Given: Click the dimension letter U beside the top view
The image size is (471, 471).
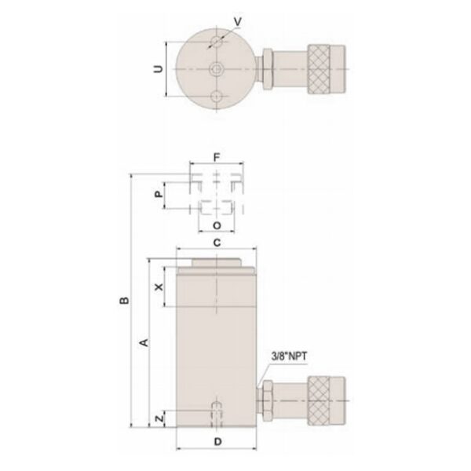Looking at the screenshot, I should pyautogui.click(x=159, y=70).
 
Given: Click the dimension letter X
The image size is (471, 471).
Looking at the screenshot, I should pyautogui.click(x=159, y=288).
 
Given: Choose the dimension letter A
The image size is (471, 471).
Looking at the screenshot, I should pyautogui.click(x=141, y=342).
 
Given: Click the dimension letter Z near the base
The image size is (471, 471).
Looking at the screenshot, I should pyautogui.click(x=159, y=419).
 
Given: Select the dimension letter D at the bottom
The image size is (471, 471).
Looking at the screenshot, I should pyautogui.click(x=217, y=442).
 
